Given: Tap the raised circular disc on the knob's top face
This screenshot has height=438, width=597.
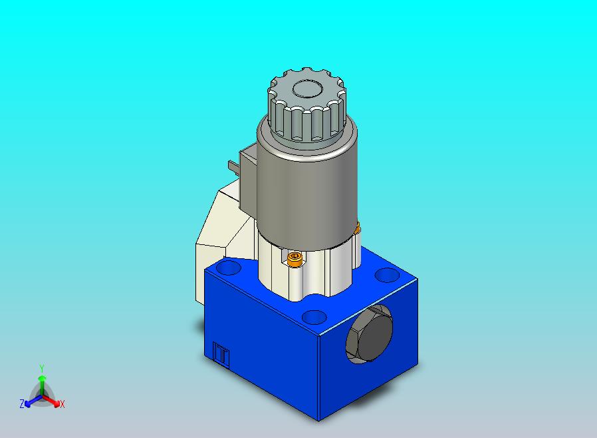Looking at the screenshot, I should [307, 89].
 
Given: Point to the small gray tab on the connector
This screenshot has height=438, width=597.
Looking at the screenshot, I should [232, 164].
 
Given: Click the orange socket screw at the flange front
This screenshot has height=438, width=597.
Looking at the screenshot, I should [295, 258].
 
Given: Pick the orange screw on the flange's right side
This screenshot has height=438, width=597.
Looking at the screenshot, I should [357, 228].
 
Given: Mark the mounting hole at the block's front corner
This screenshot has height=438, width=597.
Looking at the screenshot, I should [312, 317].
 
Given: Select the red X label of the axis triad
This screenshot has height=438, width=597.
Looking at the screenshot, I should [62, 404].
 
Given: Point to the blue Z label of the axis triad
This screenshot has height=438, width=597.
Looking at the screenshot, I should [22, 404].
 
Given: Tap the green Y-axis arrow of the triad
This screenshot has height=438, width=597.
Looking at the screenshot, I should [42, 383].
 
